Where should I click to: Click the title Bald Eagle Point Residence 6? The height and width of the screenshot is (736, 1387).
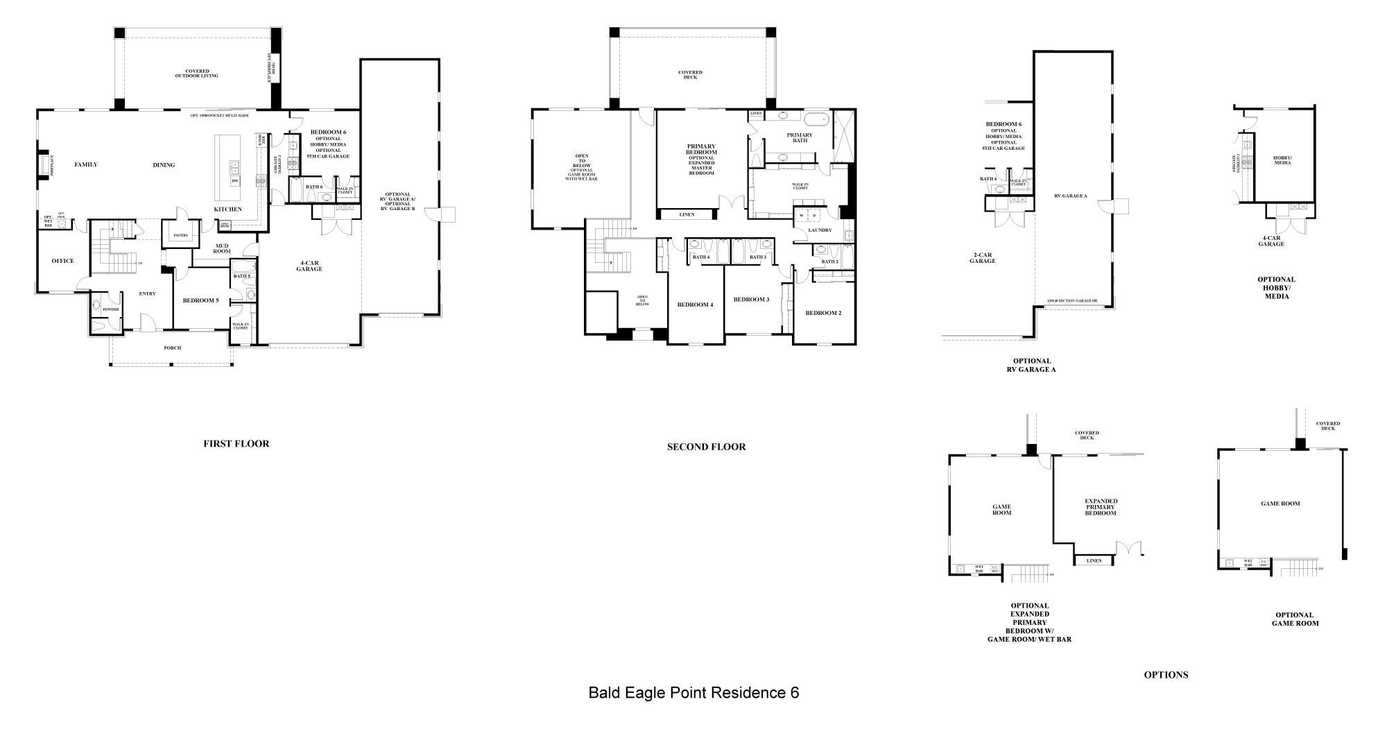(693, 692)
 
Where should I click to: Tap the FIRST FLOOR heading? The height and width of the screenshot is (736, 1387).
(236, 443)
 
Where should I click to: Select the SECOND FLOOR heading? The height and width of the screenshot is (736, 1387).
(706, 447)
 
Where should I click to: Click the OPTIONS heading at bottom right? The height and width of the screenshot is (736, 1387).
(1166, 674)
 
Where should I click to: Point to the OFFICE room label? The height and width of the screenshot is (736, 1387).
(62, 261)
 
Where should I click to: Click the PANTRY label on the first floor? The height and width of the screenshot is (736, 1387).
(181, 235)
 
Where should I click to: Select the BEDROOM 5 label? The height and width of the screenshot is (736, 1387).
(200, 300)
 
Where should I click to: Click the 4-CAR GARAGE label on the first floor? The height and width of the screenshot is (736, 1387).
(309, 266)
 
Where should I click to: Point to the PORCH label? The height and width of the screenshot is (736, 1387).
(172, 348)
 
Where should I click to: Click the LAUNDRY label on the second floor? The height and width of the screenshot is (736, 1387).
(820, 230)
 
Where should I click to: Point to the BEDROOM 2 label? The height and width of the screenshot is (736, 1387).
(823, 313)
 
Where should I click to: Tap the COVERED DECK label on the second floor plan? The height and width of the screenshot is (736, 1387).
(690, 74)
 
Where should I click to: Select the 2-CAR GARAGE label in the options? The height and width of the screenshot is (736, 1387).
(983, 258)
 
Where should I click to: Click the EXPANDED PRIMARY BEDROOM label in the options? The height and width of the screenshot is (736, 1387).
(1101, 507)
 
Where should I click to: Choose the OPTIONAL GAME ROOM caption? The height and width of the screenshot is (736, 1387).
(1295, 619)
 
